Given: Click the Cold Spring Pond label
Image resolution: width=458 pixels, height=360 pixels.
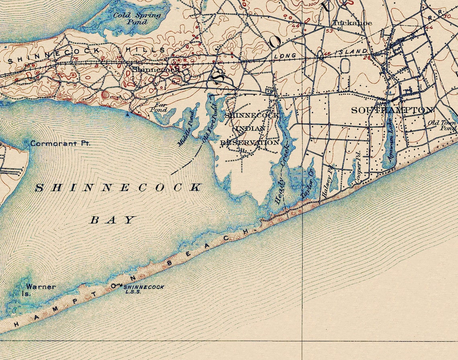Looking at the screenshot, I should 137,18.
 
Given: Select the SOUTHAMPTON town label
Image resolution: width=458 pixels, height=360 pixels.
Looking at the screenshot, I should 392,110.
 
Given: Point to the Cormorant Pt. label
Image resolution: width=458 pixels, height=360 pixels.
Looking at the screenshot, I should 60,143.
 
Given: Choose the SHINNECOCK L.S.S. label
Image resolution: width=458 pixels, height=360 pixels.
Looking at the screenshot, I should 144,289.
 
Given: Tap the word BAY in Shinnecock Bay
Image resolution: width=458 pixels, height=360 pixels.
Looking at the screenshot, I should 112,220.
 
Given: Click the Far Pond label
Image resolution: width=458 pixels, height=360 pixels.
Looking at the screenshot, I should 158,107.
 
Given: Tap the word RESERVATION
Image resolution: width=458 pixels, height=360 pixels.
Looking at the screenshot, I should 249,143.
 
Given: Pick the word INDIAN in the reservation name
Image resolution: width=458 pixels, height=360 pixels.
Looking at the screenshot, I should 250,129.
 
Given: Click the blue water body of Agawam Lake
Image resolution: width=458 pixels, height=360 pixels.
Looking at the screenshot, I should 388,137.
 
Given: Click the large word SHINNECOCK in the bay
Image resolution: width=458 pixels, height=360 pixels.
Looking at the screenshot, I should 119,188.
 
